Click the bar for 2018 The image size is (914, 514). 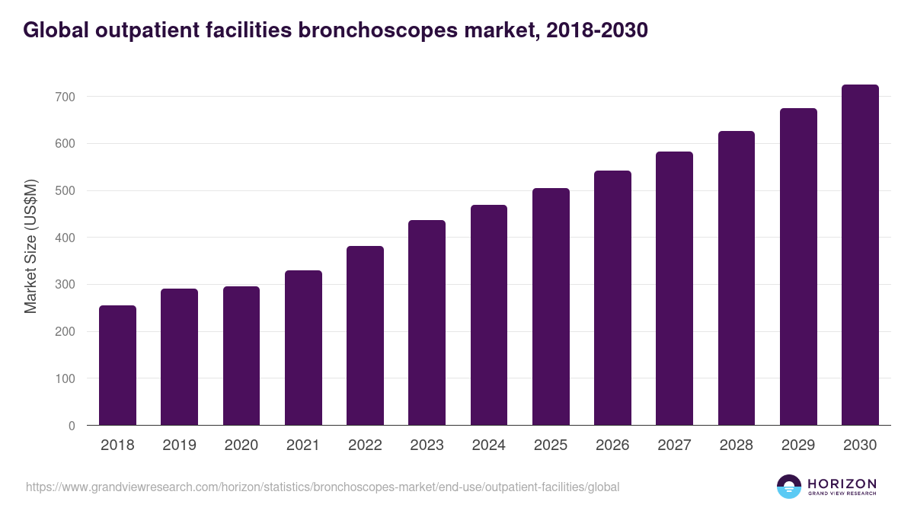(x=117, y=366)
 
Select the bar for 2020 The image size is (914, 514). (x=241, y=356)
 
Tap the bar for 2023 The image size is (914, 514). (x=427, y=322)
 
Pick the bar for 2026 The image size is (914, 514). (x=612, y=298)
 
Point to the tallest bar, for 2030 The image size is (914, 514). (x=860, y=255)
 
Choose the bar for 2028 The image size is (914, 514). (x=737, y=278)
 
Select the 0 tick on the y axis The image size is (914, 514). (x=72, y=426)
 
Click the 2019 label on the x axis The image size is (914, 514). (x=179, y=445)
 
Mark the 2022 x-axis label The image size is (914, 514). (x=365, y=445)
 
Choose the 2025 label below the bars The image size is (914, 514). (x=551, y=445)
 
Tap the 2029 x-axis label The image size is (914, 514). (x=798, y=445)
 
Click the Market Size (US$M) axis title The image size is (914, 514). (x=30, y=247)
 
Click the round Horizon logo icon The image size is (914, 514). (x=789, y=487)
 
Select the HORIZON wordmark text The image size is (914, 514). (x=842, y=484)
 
